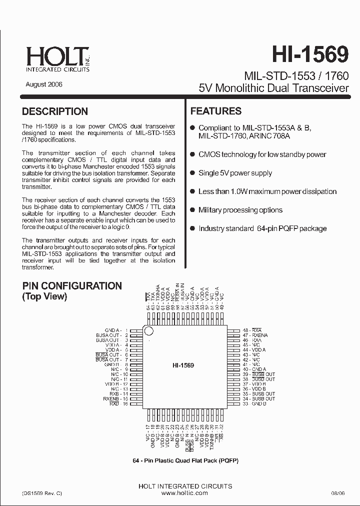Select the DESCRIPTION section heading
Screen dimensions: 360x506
pos(55,111)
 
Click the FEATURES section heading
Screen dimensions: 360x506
pos(216,111)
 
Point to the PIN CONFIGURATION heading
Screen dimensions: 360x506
pos(72,286)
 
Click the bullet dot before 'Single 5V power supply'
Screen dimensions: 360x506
pos(193,173)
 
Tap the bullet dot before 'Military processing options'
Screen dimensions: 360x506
pos(193,210)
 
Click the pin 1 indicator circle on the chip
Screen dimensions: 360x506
pos(148,330)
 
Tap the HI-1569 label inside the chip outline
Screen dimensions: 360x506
pos(183,365)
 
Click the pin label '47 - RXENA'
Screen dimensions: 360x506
pos(255,335)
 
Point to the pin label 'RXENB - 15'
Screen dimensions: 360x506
pos(115,398)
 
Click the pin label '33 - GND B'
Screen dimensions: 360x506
pos(254,403)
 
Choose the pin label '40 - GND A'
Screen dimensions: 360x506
pos(254,369)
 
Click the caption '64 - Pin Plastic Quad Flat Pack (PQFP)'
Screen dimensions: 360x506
pos(181,460)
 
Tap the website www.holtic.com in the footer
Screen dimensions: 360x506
pos(184,492)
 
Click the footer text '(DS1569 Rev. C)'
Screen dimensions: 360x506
pos(42,492)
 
